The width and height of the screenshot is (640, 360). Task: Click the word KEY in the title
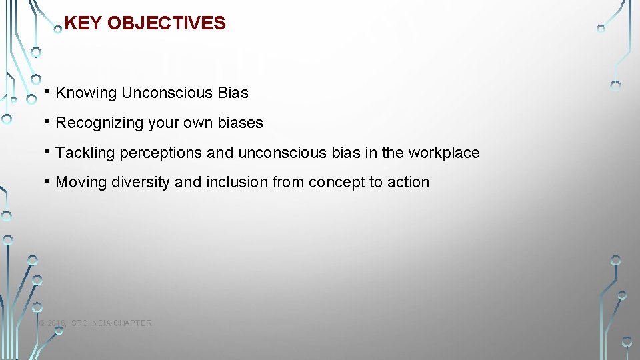click(83, 23)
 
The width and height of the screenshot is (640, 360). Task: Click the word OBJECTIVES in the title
click(166, 23)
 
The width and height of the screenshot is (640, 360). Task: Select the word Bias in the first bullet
click(233, 93)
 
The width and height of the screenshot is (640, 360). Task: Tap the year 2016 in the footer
click(57, 323)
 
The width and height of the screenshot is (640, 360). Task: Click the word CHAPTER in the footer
click(132, 323)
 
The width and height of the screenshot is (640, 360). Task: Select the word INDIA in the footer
click(101, 323)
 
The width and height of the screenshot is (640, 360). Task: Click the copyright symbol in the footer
click(42, 323)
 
